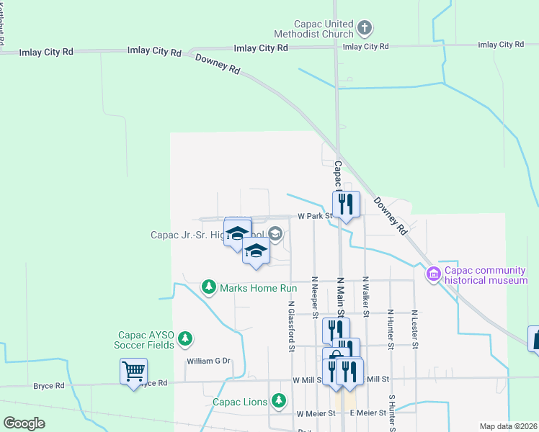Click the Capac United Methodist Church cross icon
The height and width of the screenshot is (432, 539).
[x=365, y=29]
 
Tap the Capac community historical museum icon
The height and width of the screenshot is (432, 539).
[x=433, y=274]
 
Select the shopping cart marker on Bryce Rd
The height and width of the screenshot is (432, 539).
[x=133, y=371]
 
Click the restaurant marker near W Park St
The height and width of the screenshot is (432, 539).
[x=346, y=204]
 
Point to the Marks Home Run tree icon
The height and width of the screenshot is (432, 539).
[x=209, y=287]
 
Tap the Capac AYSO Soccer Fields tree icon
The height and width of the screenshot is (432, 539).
[x=185, y=338]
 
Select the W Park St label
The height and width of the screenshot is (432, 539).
[x=314, y=215]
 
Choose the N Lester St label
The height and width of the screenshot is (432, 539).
[x=414, y=329]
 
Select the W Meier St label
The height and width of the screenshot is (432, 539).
[x=316, y=413]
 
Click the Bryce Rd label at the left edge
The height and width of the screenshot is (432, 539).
[x=49, y=385]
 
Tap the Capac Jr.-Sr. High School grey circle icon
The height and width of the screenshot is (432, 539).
[x=275, y=233]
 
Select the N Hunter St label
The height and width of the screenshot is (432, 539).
[x=390, y=329]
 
